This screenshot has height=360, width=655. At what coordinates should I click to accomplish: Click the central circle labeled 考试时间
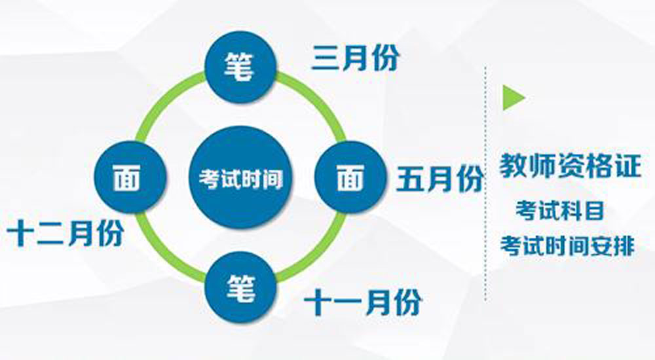click(x=240, y=177)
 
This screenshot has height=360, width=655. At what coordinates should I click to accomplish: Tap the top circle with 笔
click(x=240, y=67)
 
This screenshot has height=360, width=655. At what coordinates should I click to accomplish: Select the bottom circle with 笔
click(x=241, y=287)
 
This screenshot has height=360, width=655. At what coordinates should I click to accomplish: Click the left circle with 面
click(x=130, y=177)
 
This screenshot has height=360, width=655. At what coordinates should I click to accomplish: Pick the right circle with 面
click(x=350, y=177)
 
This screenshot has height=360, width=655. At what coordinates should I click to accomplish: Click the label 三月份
click(x=356, y=59)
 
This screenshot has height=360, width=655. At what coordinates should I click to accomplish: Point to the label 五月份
click(x=440, y=179)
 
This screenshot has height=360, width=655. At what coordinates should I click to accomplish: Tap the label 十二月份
click(x=65, y=233)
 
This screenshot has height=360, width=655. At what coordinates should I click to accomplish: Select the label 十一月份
click(x=363, y=302)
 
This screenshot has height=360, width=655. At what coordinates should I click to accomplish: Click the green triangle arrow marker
click(x=513, y=98)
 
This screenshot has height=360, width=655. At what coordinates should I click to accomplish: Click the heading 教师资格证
click(x=571, y=166)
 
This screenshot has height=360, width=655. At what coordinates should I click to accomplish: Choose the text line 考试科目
click(x=560, y=210)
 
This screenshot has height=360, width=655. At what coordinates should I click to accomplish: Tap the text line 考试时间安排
click(x=567, y=245)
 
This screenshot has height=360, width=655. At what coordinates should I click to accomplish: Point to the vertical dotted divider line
click(x=485, y=183)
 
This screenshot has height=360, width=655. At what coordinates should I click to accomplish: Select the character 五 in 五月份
click(x=410, y=179)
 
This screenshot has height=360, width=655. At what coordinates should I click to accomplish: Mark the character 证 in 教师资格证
click(x=627, y=166)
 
